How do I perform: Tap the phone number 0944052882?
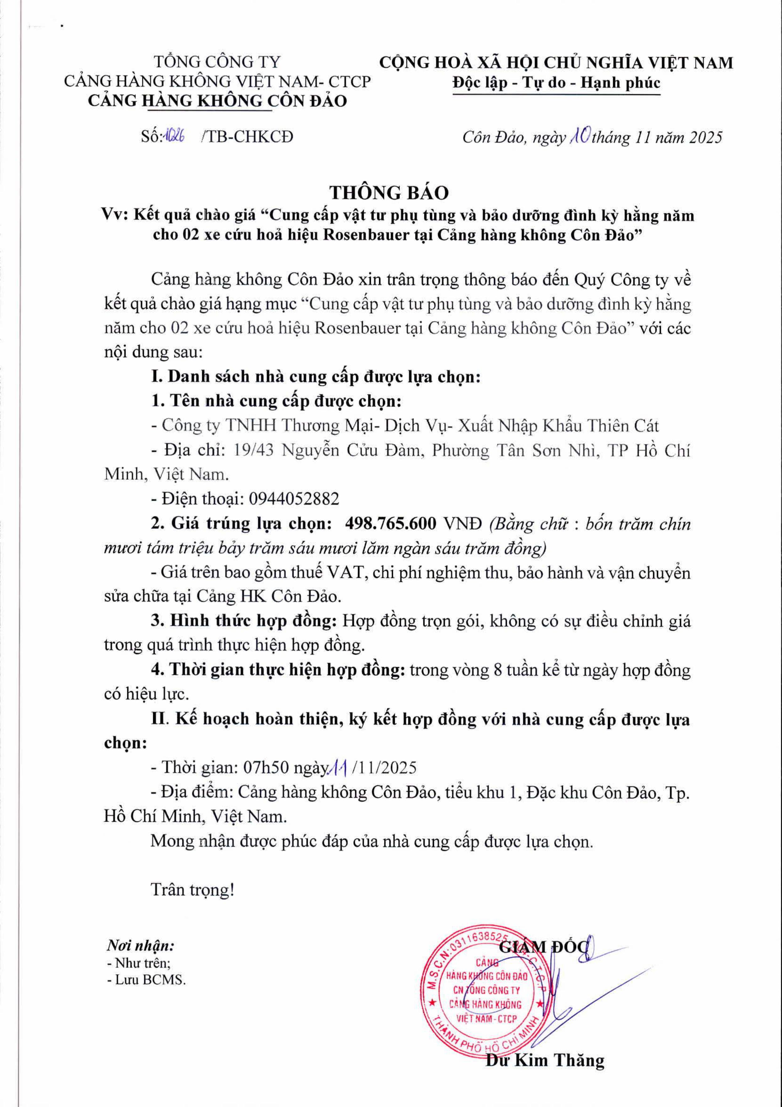pyautogui.click(x=294, y=499)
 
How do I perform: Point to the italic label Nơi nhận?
pyautogui.click(x=140, y=946)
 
